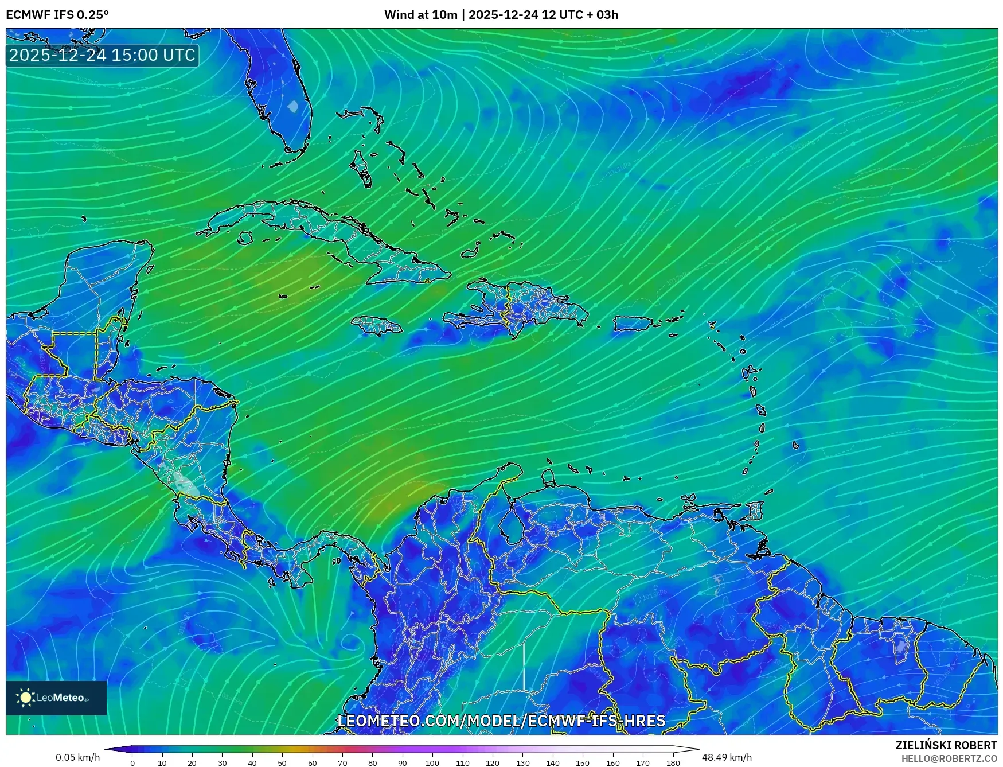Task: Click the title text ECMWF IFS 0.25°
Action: (x=57, y=15)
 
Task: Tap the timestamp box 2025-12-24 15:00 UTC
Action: (x=102, y=55)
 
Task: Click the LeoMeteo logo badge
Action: (x=56, y=698)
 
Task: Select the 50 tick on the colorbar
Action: (x=282, y=762)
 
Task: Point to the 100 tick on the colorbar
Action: (x=432, y=762)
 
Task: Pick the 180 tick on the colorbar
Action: (x=673, y=762)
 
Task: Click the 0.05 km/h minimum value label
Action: (x=77, y=757)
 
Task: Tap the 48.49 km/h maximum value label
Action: (x=727, y=757)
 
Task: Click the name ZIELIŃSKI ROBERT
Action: (x=946, y=745)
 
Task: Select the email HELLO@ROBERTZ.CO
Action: (x=949, y=758)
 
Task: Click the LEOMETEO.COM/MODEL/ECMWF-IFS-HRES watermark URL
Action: (x=501, y=721)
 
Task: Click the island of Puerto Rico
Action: (x=633, y=324)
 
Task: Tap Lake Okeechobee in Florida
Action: (x=293, y=106)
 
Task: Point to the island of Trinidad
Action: (x=756, y=510)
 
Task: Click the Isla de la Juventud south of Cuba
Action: (x=245, y=238)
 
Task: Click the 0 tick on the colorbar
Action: (x=132, y=762)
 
